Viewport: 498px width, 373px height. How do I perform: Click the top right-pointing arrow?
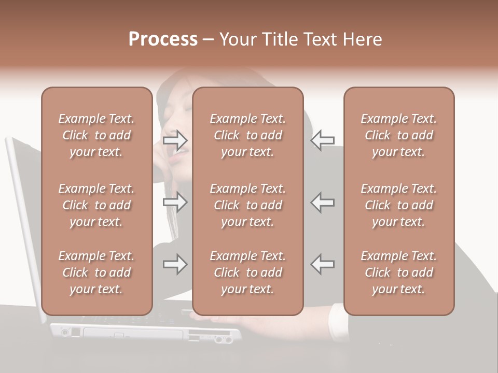pyautogui.click(x=175, y=140)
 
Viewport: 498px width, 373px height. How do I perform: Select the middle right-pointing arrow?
pyautogui.click(x=175, y=202)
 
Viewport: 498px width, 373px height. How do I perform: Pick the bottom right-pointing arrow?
pyautogui.click(x=175, y=264)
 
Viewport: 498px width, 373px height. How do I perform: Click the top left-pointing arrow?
pyautogui.click(x=322, y=140)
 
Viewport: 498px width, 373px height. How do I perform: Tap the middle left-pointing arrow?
pyautogui.click(x=322, y=202)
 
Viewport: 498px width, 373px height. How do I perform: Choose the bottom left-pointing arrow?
pyautogui.click(x=322, y=264)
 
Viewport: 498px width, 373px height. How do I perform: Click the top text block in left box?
pyautogui.click(x=96, y=135)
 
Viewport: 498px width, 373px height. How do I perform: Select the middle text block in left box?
pyautogui.click(x=96, y=205)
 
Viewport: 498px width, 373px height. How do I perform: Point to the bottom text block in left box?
pyautogui.click(x=96, y=272)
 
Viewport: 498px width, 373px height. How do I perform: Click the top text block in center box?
pyautogui.click(x=248, y=135)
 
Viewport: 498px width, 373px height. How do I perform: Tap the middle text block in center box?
pyautogui.click(x=248, y=205)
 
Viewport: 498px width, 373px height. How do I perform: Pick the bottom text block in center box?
pyautogui.click(x=248, y=272)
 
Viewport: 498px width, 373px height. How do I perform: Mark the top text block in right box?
pyautogui.click(x=399, y=135)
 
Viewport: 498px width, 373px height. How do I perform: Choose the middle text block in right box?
pyautogui.click(x=399, y=205)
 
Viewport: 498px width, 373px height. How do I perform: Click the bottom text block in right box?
pyautogui.click(x=399, y=272)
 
